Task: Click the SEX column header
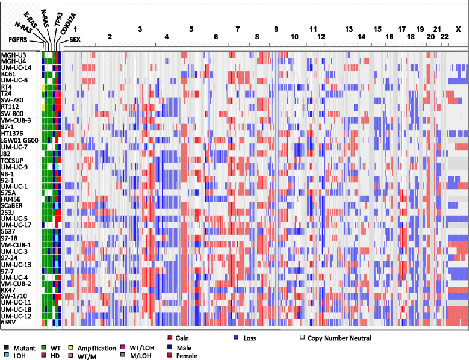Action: pyautogui.click(x=76, y=39)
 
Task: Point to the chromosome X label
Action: pyautogui.click(x=458, y=29)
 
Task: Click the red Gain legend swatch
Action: pyautogui.click(x=170, y=338)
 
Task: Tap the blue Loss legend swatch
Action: pyautogui.click(x=237, y=338)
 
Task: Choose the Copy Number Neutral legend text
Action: pyautogui.click(x=340, y=338)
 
